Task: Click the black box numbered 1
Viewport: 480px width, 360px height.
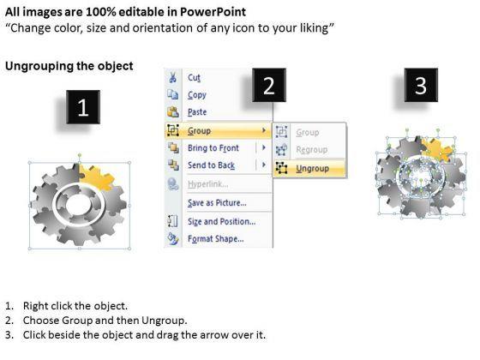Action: (x=82, y=109)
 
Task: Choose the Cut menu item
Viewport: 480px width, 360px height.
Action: (x=195, y=76)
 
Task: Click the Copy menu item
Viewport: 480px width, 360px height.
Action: (x=197, y=95)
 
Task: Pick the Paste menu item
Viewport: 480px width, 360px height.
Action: (x=198, y=112)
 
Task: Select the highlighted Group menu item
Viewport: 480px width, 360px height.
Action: (x=199, y=131)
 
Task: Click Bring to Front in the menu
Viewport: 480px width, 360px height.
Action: (x=213, y=147)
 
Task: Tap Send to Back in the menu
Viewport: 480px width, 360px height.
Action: (x=211, y=165)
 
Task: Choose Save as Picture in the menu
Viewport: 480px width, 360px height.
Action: (x=216, y=202)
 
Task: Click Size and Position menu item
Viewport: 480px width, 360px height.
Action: (x=222, y=220)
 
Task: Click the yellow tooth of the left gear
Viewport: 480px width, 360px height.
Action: (x=97, y=179)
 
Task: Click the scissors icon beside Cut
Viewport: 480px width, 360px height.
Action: (x=173, y=76)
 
